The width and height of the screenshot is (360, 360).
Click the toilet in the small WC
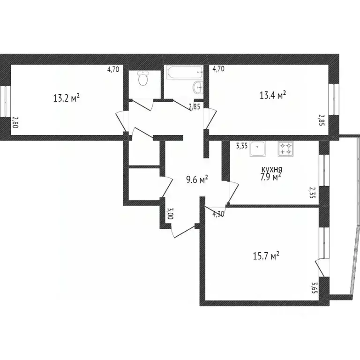coord(143,79)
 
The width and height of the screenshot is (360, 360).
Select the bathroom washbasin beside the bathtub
coord(199,87)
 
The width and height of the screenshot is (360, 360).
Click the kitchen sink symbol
coord(258,149)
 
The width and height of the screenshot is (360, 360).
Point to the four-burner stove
coord(285,149)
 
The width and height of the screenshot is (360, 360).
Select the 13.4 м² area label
coord(273,96)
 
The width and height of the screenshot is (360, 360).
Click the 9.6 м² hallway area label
coord(197,180)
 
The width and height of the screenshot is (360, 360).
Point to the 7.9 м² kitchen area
coord(271,177)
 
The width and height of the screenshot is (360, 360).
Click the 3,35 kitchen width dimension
coord(241,146)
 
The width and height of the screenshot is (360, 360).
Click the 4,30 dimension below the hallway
coord(218,214)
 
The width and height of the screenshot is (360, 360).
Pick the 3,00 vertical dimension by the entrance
coord(170,214)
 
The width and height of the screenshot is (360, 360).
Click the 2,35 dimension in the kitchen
coord(312,193)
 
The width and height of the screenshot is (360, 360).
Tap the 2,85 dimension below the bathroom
coord(194,107)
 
